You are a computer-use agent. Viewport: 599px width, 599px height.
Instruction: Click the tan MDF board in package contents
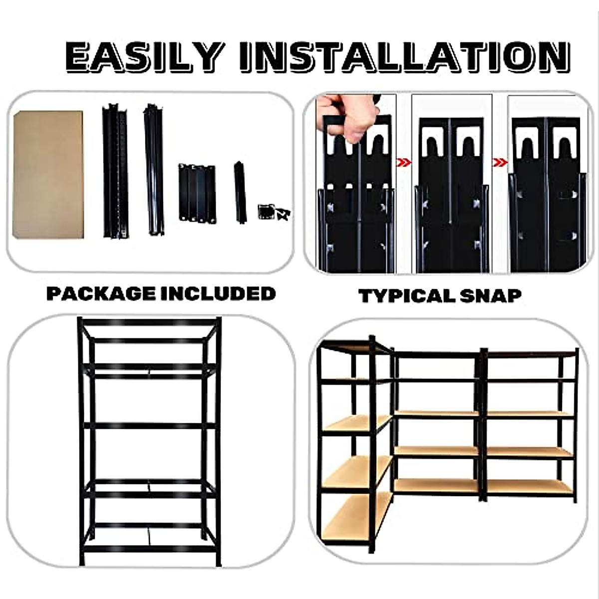[48, 175]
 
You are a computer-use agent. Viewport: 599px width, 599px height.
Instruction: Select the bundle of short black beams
[197, 193]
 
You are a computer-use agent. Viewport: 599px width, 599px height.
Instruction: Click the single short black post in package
[240, 192]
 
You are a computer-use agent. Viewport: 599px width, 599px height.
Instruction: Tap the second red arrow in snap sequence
[499, 163]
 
